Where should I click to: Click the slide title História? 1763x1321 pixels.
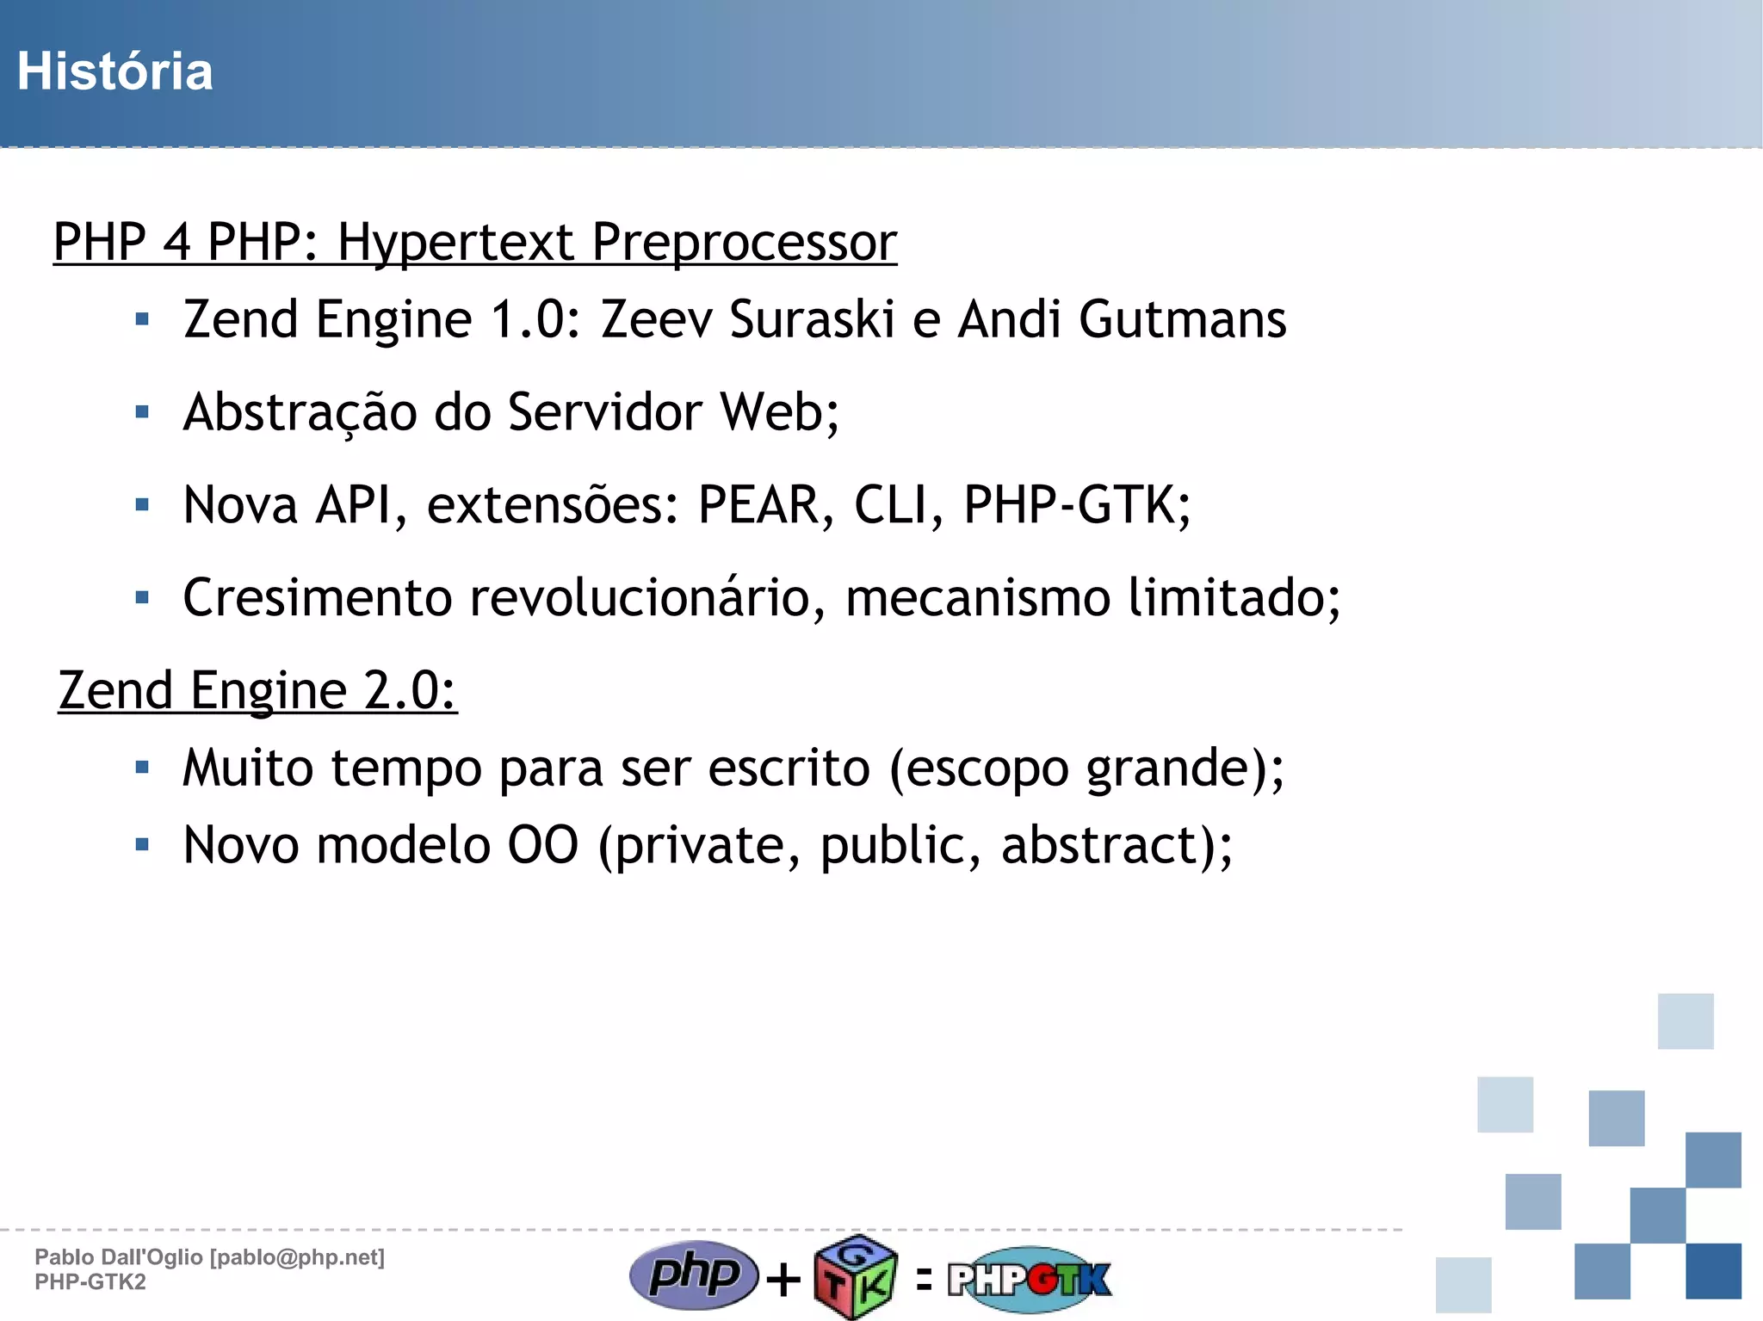(x=114, y=71)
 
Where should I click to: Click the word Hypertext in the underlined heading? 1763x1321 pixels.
(x=455, y=242)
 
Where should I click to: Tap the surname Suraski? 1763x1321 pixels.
(x=812, y=319)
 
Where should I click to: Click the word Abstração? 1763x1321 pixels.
(x=300, y=412)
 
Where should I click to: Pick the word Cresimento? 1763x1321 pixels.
(x=317, y=597)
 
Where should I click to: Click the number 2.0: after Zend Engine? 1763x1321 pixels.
(x=409, y=690)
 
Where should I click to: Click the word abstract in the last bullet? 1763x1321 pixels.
(x=1117, y=845)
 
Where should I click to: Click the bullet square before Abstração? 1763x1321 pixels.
(x=143, y=411)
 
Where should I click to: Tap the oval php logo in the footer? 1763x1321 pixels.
(x=693, y=1275)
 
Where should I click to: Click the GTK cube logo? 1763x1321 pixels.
(x=855, y=1277)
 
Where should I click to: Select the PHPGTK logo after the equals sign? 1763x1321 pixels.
(x=1030, y=1279)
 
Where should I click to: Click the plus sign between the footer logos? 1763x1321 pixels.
(x=783, y=1279)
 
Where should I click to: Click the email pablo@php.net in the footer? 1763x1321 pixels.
(x=297, y=1257)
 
